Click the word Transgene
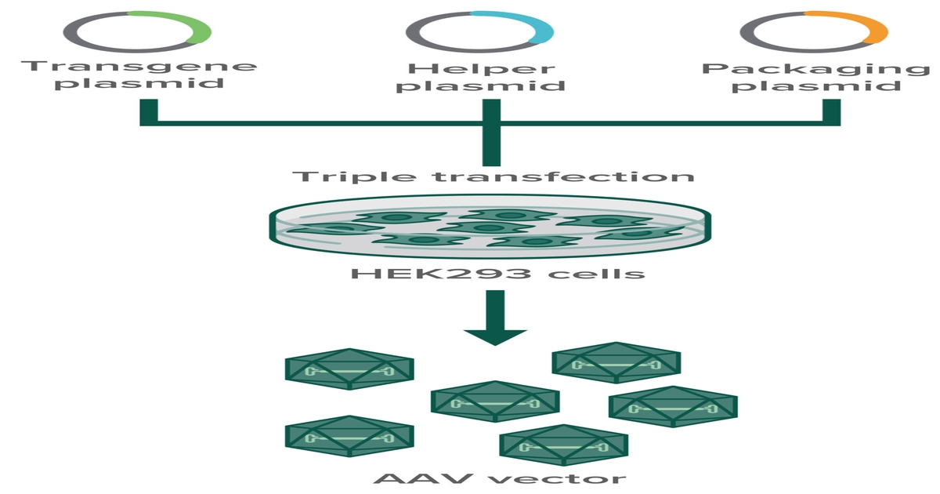[139, 65]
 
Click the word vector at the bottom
[557, 478]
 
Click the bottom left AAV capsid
[349, 436]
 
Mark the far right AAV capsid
[673, 407]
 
